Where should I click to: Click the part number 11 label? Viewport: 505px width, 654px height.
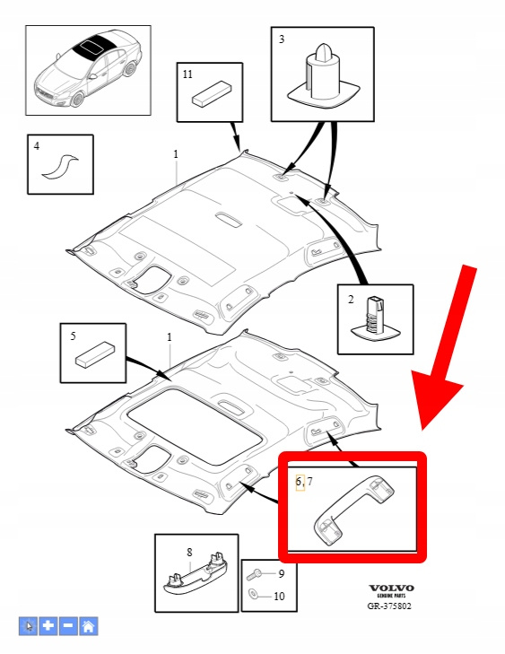[x=187, y=74]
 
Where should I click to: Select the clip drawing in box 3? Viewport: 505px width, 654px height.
[x=323, y=76]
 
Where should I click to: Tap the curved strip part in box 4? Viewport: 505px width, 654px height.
[x=59, y=167]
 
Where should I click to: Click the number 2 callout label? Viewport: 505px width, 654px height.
[x=351, y=300]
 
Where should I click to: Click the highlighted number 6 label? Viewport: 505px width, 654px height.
[x=299, y=482]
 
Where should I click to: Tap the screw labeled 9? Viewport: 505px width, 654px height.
[x=254, y=575]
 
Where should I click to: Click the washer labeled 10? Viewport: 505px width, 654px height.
[x=253, y=594]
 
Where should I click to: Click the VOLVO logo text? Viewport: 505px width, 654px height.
[x=391, y=589]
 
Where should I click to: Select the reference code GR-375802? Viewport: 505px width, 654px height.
[x=389, y=606]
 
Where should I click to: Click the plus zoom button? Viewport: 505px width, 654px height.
[x=48, y=625]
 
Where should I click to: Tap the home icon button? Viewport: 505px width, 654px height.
[x=89, y=625]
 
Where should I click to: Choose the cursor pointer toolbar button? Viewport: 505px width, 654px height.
[x=29, y=625]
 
